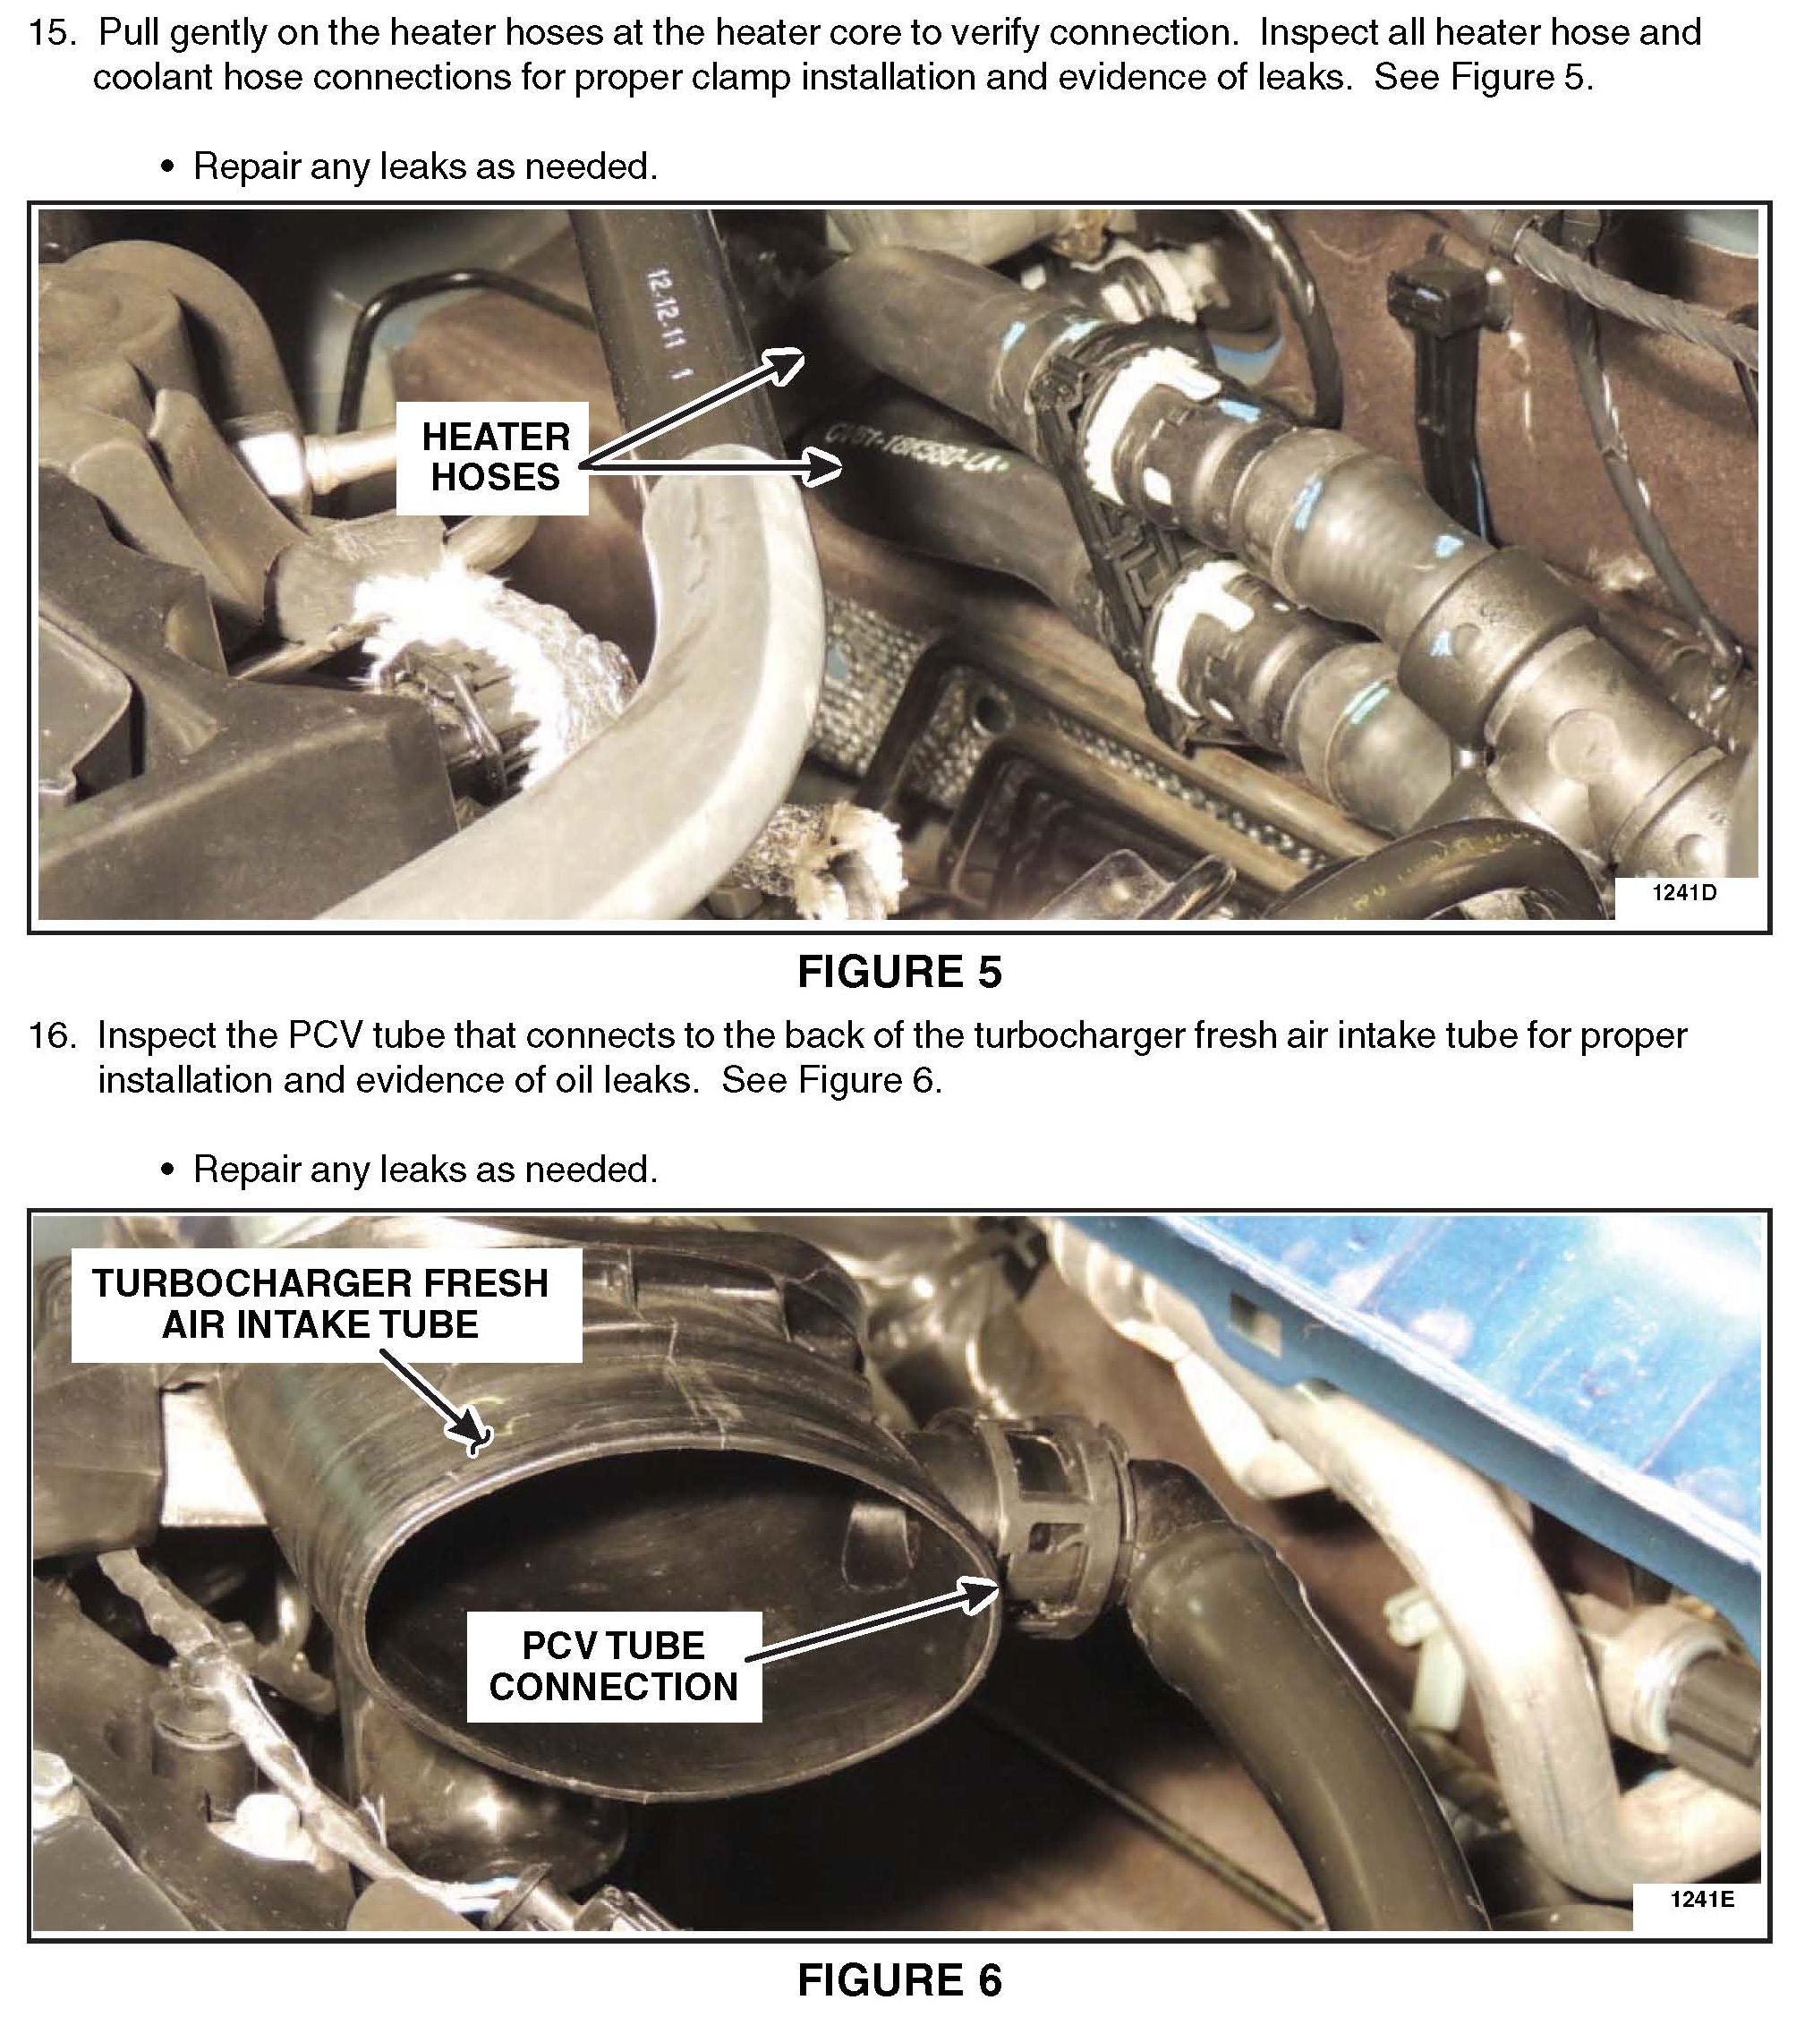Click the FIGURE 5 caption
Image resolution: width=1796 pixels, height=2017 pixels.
coord(899,972)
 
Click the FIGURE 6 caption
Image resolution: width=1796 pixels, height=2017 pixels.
coord(899,1979)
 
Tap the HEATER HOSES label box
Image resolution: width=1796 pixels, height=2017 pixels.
coord(492,458)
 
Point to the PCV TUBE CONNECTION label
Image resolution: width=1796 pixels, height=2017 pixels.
coord(614,1667)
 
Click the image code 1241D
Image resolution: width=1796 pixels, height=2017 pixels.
coord(1684,893)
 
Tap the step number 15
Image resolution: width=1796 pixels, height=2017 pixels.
coord(51,33)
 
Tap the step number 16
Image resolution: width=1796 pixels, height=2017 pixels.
coord(51,1036)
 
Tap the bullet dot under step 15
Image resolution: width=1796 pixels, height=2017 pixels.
coord(167,167)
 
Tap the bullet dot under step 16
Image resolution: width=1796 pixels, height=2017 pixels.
coord(167,1170)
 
